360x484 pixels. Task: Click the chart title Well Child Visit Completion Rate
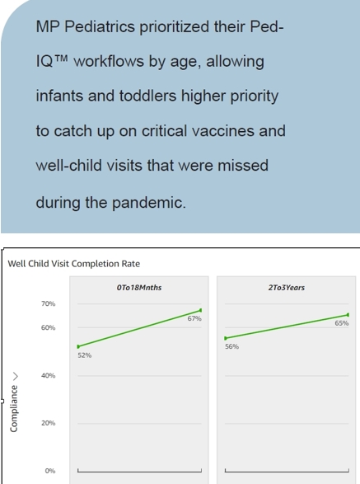(x=73, y=264)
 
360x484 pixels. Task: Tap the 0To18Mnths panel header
(x=139, y=288)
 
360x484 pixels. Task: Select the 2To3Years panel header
(x=286, y=288)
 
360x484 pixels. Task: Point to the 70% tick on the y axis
(x=49, y=304)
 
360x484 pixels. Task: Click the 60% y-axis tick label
(x=49, y=328)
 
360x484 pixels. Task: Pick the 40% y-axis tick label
(x=49, y=376)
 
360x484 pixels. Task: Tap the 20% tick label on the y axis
(x=49, y=423)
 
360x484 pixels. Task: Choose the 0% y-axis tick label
(x=50, y=471)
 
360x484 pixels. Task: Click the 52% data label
(x=85, y=355)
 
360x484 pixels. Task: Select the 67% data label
(x=194, y=318)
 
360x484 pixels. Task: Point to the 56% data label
(x=231, y=347)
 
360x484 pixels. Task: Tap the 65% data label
(x=341, y=323)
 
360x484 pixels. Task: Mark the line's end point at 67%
(x=200, y=310)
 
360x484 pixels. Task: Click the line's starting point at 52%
(x=78, y=346)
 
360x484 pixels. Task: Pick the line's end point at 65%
(x=348, y=314)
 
